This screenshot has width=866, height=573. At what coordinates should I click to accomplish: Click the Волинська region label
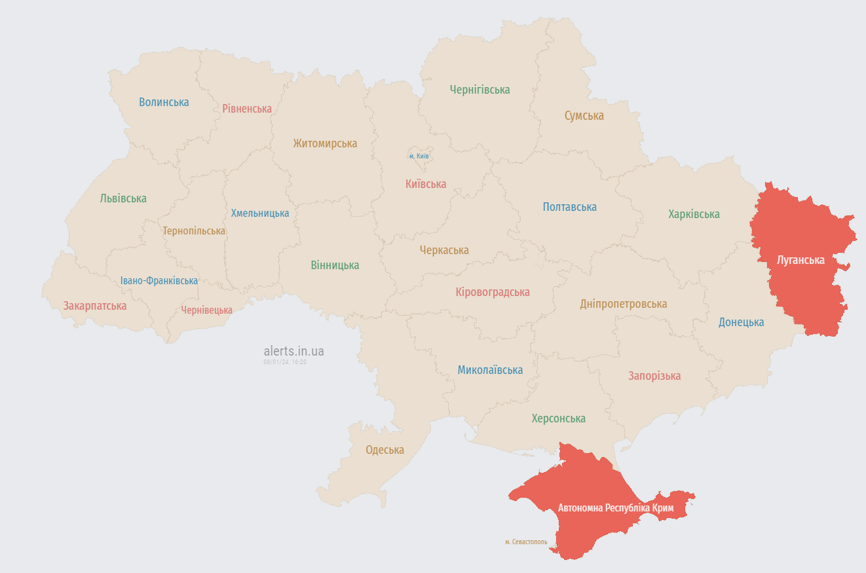pos(164,102)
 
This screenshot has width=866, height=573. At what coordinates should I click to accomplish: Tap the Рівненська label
pos(247,109)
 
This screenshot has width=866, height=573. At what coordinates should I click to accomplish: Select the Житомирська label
pos(325,143)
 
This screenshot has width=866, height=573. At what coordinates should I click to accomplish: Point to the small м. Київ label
pos(419,156)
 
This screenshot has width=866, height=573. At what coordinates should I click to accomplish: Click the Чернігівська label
pos(480,90)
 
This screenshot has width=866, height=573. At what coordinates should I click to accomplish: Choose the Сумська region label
pos(584,116)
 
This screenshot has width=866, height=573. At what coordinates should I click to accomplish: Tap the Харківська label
pos(694,214)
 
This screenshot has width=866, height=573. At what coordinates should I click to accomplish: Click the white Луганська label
pos(800,260)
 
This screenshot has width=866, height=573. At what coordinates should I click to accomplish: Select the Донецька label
pos(741,322)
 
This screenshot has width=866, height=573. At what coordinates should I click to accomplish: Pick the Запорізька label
pos(654,376)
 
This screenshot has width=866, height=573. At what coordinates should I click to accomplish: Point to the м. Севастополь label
pos(526,542)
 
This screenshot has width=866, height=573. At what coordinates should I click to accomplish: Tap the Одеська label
pos(385,450)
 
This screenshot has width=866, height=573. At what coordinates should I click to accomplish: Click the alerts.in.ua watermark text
pos(293,352)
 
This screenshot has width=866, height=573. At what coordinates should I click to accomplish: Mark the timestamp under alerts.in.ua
pos(285,361)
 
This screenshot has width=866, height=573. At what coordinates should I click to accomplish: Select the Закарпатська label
pos(95,306)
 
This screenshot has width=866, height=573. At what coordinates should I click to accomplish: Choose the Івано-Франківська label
pos(159,281)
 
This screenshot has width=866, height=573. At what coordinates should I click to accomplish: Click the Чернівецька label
pos(207,310)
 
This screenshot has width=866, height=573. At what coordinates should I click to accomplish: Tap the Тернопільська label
pos(194,231)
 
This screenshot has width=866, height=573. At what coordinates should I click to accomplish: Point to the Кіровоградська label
pos(493,292)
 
